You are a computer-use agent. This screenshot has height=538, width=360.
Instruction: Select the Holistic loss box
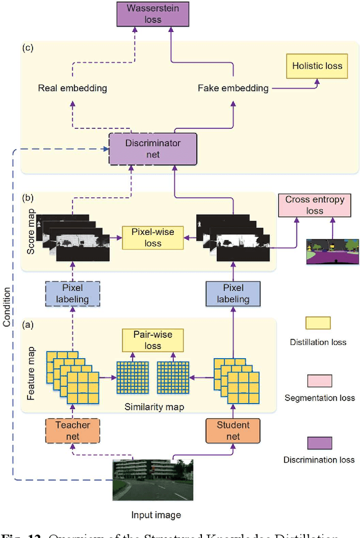317,66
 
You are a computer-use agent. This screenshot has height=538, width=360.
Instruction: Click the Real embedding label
73,88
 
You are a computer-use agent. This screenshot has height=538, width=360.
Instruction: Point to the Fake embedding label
233,88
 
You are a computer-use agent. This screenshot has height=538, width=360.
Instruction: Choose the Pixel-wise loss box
153,238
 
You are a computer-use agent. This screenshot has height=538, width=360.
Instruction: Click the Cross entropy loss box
314,205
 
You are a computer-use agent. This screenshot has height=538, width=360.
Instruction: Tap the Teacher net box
73,431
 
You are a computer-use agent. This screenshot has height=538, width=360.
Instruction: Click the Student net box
233,431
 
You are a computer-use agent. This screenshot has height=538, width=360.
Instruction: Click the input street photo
152,480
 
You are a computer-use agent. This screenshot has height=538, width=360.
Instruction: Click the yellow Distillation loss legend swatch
318,323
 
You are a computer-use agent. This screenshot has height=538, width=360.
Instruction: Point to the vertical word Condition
7,308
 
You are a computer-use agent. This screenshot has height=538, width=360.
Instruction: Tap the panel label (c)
28,48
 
